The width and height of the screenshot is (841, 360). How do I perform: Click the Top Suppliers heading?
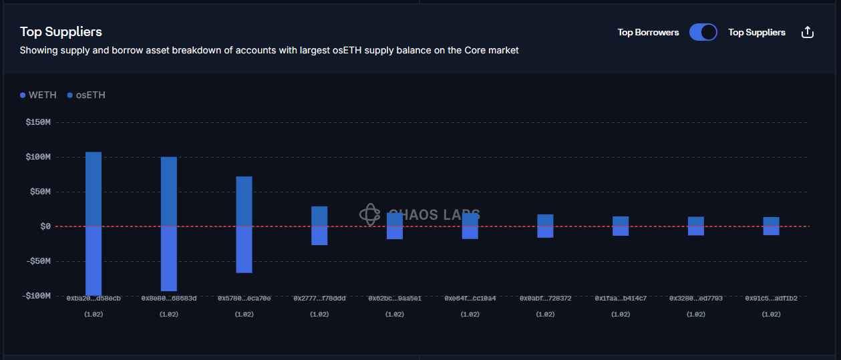point(61,31)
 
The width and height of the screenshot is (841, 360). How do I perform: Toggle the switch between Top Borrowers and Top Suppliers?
point(703,32)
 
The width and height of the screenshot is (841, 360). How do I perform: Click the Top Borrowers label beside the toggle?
point(648,32)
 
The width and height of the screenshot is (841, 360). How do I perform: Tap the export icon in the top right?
point(807,32)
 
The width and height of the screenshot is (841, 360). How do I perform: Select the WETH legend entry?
point(38,95)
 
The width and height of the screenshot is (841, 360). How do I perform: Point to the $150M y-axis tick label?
point(38,122)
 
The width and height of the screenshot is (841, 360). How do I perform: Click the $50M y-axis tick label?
point(40,192)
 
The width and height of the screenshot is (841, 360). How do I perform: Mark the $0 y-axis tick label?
point(45,226)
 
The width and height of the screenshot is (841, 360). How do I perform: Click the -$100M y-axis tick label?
point(37,295)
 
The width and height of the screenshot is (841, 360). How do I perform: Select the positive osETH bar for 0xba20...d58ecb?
point(94,189)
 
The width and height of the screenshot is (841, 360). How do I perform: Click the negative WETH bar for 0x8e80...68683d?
point(169,258)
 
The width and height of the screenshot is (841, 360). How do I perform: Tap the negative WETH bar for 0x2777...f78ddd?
point(319,236)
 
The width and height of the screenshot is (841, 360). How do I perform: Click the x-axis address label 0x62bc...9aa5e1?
point(395,299)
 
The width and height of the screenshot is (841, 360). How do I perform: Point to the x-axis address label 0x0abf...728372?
point(545,299)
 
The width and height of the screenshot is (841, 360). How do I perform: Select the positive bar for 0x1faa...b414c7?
point(621,221)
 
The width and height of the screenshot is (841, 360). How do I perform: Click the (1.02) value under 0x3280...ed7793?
point(696,314)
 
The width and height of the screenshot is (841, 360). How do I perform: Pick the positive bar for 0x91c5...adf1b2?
point(772,222)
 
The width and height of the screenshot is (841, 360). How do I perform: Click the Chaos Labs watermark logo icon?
point(369,214)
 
